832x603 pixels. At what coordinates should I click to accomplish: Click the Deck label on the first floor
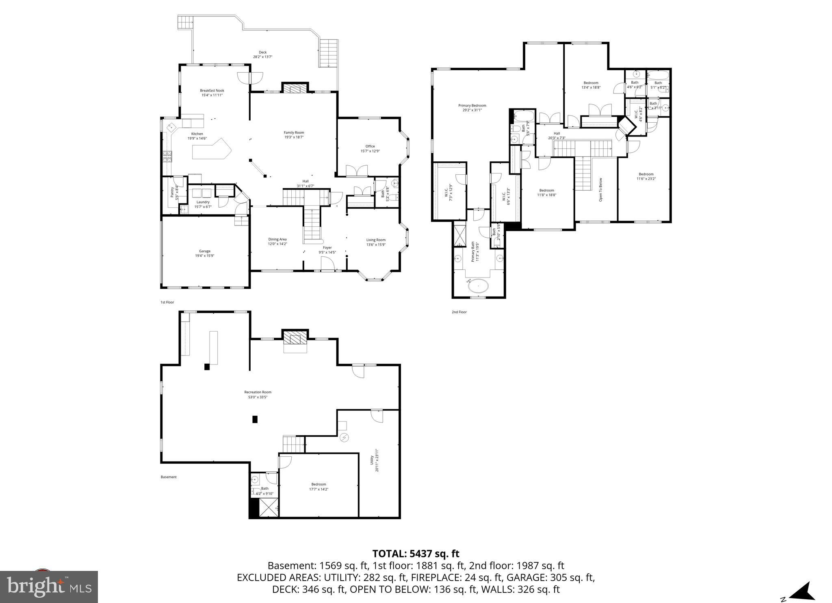click(x=262, y=52)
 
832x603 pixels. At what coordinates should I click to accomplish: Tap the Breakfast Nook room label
click(x=212, y=91)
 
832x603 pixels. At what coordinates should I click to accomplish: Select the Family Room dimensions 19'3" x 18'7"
click(x=294, y=137)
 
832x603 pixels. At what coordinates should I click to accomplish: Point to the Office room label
click(x=370, y=146)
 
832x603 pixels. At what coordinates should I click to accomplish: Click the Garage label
click(x=205, y=251)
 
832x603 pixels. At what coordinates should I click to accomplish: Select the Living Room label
click(x=376, y=240)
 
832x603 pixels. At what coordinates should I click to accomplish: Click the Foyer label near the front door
click(x=327, y=247)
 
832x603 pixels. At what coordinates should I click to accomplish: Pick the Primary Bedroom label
click(x=472, y=106)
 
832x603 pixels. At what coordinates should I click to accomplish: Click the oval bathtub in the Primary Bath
click(x=478, y=286)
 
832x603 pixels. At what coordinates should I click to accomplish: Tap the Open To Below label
click(x=600, y=190)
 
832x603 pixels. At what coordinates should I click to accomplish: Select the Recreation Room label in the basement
click(x=258, y=392)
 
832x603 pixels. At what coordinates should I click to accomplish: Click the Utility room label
click(x=371, y=460)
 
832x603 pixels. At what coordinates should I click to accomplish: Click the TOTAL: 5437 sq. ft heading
click(x=416, y=553)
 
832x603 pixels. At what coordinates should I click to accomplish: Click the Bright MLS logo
click(x=49, y=587)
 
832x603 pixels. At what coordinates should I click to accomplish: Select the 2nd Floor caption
click(x=459, y=312)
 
